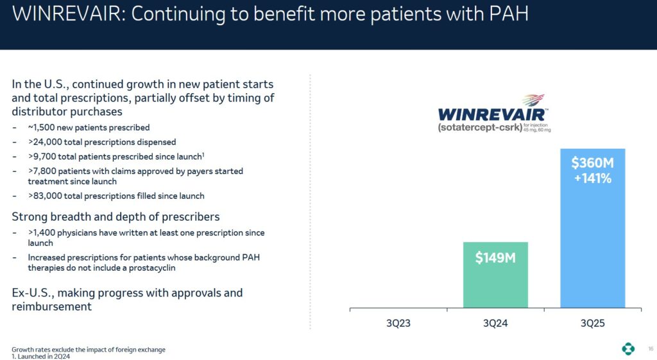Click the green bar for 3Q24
pyautogui.click(x=495, y=282)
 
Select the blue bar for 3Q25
pyautogui.click(x=592, y=244)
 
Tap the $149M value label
pyautogui.click(x=495, y=258)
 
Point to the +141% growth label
pyautogui.click(x=592, y=178)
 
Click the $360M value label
pyautogui.click(x=592, y=163)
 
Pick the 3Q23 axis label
pyautogui.click(x=398, y=323)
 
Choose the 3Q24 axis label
pyautogui.click(x=495, y=323)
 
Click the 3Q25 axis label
pyautogui.click(x=592, y=323)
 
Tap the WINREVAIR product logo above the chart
pyautogui.click(x=492, y=114)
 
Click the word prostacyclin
pyautogui.click(x=153, y=268)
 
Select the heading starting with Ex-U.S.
pyautogui.click(x=127, y=300)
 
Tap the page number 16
pyautogui.click(x=650, y=349)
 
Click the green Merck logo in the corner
pyautogui.click(x=628, y=349)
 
